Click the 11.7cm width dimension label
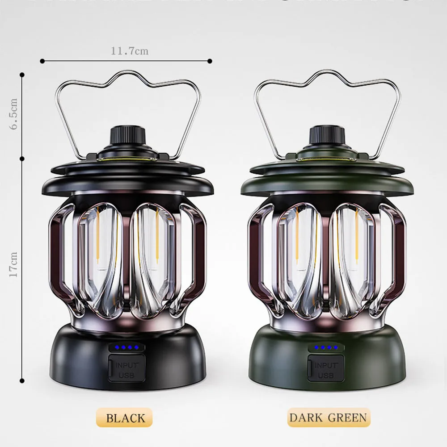(x=130, y=51)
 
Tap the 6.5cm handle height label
(x=14, y=114)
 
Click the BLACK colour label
(x=125, y=418)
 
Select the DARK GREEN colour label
(x=328, y=418)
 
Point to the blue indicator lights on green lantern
(x=326, y=347)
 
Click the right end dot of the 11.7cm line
(x=210, y=60)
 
